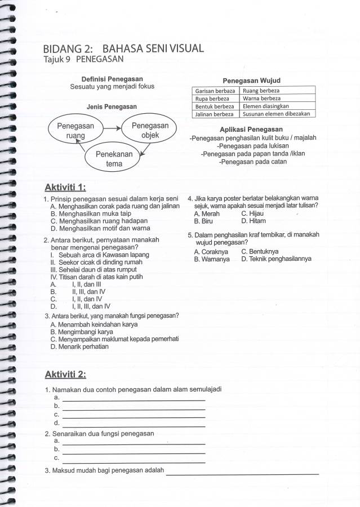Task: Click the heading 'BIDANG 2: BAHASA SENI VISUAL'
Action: coord(123,48)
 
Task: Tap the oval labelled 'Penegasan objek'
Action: coord(150,130)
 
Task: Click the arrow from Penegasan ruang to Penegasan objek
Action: coord(112,128)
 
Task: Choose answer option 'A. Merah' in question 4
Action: coord(207,214)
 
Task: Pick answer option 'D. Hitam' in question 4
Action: coord(254,221)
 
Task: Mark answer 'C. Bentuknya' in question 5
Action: coord(260,251)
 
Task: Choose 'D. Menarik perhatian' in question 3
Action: coord(79,347)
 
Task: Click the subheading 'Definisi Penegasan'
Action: coord(112,79)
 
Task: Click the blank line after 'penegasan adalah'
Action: coord(242,473)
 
